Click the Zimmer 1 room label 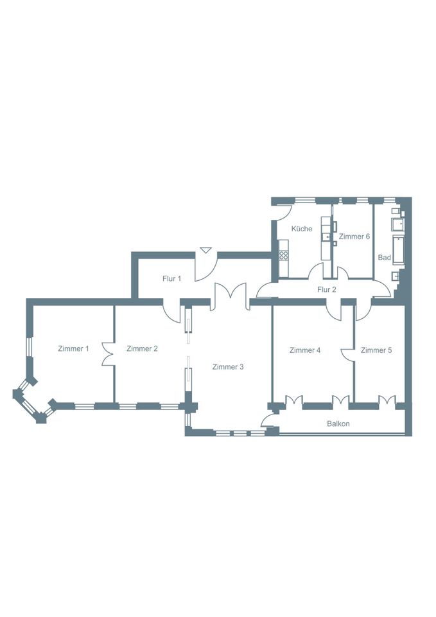pyautogui.click(x=73, y=348)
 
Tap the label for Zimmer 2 pyautogui.click(x=142, y=348)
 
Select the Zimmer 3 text pyautogui.click(x=228, y=367)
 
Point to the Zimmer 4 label pyautogui.click(x=305, y=350)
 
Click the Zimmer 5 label pyautogui.click(x=376, y=350)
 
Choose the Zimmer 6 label pyautogui.click(x=354, y=237)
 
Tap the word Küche pyautogui.click(x=302, y=229)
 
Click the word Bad pyautogui.click(x=384, y=257)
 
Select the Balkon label pyautogui.click(x=338, y=424)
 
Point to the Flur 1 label pyautogui.click(x=172, y=278)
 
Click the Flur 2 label pyautogui.click(x=327, y=290)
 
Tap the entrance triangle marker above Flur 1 pyautogui.click(x=205, y=250)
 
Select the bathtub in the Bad pyautogui.click(x=398, y=250)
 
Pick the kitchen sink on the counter pyautogui.click(x=326, y=237)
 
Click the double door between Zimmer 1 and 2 pyautogui.click(x=108, y=354)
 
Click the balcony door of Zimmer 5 pyautogui.click(x=387, y=399)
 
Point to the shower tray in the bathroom pyautogui.click(x=397, y=225)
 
